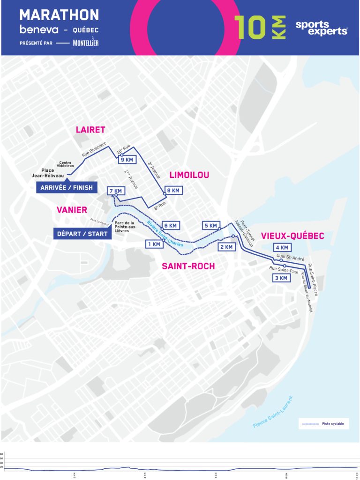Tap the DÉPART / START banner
tap(82, 233)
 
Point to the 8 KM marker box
tap(173, 191)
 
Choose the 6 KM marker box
tap(171, 225)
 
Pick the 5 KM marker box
tap(211, 226)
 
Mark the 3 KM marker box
tap(281, 278)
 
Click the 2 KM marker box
tap(227, 247)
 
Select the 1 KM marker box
tap(154, 244)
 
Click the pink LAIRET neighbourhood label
tap(90, 130)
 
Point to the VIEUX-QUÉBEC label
tap(292, 236)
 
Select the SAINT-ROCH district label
tap(188, 266)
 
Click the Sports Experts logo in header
tap(321, 28)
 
